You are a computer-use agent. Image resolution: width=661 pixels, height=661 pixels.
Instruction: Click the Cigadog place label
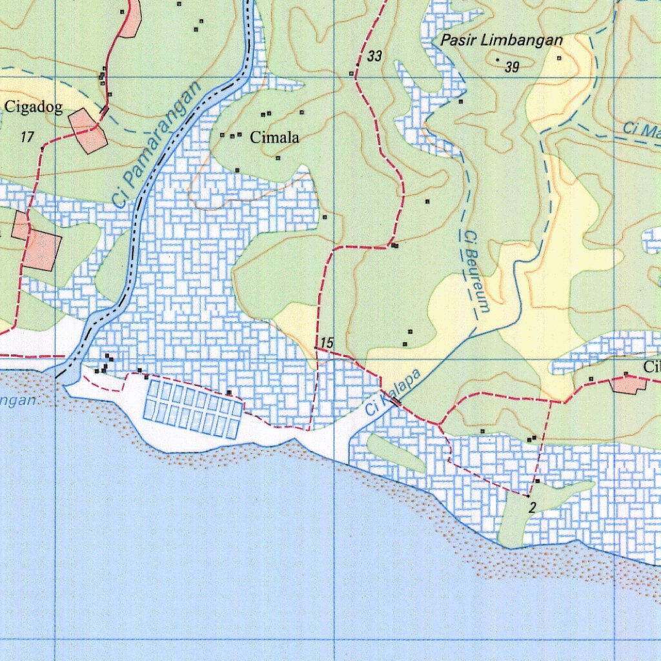pyautogui.click(x=34, y=107)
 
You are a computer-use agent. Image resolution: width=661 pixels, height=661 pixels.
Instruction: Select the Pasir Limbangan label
pyautogui.click(x=502, y=40)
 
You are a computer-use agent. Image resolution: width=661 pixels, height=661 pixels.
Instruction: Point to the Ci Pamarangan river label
pyautogui.click(x=157, y=145)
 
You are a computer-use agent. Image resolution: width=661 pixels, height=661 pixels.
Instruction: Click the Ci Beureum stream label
pyautogui.click(x=476, y=272)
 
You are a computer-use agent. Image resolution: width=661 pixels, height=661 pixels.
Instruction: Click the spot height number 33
pyautogui.click(x=374, y=57)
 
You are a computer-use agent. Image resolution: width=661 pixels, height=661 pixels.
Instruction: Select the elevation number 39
pyautogui.click(x=512, y=67)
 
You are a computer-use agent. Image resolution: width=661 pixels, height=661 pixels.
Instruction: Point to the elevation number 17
pyautogui.click(x=26, y=137)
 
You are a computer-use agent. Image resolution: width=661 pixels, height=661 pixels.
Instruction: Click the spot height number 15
pyautogui.click(x=327, y=343)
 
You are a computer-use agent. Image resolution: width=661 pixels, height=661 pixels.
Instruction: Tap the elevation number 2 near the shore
pyautogui.click(x=532, y=507)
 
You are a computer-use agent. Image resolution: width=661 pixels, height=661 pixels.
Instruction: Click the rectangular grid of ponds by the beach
pyautogui.click(x=193, y=409)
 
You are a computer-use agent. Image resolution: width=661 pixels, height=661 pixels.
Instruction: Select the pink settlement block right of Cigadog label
pyautogui.click(x=88, y=131)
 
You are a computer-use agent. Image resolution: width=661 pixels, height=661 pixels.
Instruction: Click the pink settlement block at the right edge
pyautogui.click(x=629, y=384)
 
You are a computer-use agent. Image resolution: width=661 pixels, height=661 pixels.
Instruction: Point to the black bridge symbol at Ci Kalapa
pyautogui.click(x=396, y=402)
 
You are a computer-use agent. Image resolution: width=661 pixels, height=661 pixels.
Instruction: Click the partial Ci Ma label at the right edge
pyautogui.click(x=642, y=130)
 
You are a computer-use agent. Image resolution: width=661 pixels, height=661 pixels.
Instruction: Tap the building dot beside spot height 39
pyautogui.click(x=498, y=60)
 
